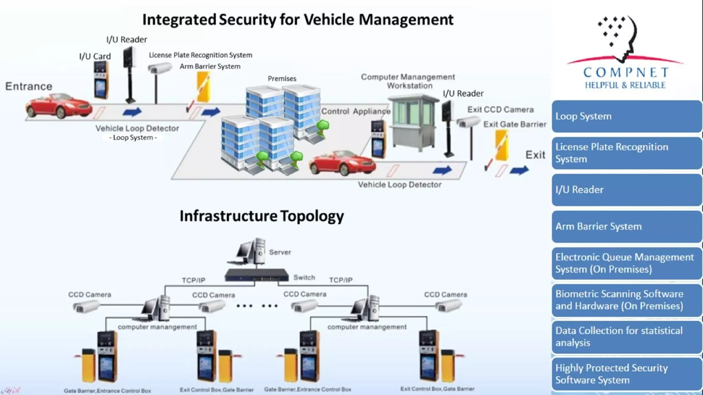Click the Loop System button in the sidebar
pos(626,116)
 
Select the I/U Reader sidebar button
pos(626,190)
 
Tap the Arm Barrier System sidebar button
pos(626,226)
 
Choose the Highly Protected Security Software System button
pos(626,374)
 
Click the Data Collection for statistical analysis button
pos(626,337)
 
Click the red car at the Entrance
pos(58,106)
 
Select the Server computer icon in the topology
pos(251,252)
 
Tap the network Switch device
pos(256,275)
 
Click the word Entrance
pos(29,86)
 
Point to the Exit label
pos(535,155)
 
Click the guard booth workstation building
pos(413,123)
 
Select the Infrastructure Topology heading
pos(262,216)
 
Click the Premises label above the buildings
pos(282,79)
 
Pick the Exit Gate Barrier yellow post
pos(502,146)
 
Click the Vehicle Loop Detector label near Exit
pos(400,185)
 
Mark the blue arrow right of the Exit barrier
pos(519,170)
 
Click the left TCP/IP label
pos(194,280)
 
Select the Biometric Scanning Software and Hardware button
pos(626,300)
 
